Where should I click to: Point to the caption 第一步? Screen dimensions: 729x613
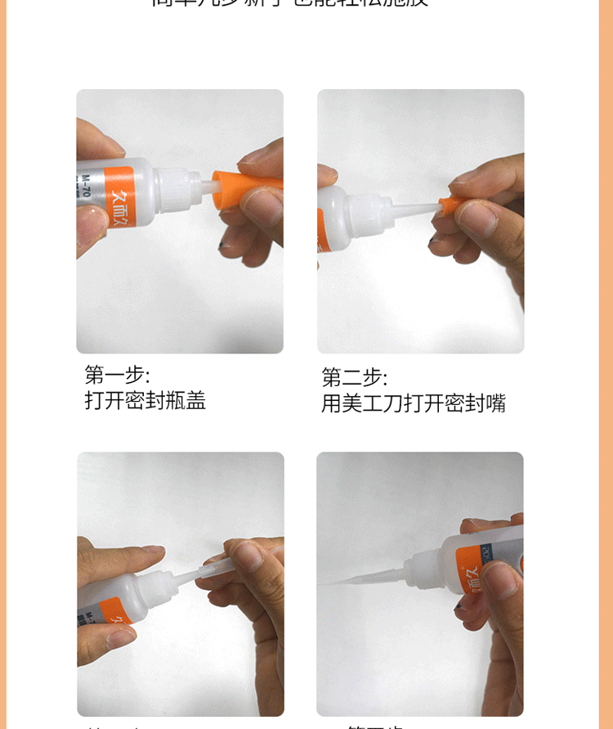tap(117, 375)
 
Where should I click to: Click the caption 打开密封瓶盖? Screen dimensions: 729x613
tap(145, 400)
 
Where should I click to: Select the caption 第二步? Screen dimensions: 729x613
tap(354, 377)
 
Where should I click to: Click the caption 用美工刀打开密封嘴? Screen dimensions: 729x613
tap(413, 403)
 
